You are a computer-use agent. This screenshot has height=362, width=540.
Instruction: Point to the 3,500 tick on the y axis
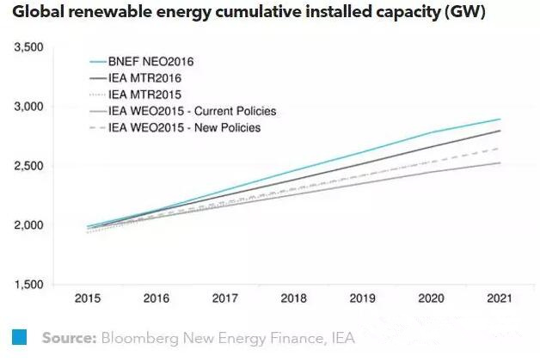coord(29,47)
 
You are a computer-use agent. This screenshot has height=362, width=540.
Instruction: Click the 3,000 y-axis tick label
coord(29,107)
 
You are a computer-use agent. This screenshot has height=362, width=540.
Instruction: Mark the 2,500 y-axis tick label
coord(29,166)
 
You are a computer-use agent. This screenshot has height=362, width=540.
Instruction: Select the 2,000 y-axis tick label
coord(29,225)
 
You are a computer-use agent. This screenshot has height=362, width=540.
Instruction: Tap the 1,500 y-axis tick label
coord(29,285)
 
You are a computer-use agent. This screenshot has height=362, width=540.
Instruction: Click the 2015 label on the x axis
coord(87,299)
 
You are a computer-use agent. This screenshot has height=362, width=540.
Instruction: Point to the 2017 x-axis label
coord(224,299)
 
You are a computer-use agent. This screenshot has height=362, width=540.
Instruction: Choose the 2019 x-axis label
coord(361,299)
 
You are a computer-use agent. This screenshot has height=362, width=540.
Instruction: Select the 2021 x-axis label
coord(499,299)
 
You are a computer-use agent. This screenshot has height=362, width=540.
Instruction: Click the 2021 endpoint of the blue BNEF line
coord(500,120)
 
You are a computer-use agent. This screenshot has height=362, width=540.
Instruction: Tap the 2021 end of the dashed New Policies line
coord(500,149)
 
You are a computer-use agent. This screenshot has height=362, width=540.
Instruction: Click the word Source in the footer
coord(69,338)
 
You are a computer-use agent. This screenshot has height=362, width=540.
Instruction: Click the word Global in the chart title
coord(39,14)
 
